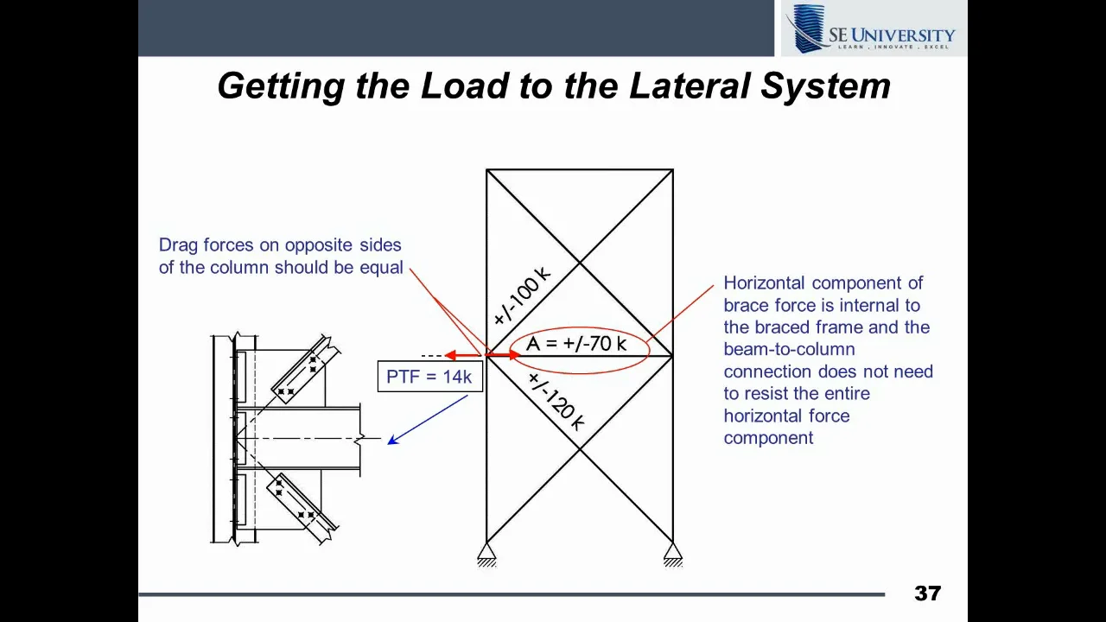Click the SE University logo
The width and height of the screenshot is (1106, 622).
click(x=873, y=29)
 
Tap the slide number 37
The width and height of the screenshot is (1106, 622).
click(x=927, y=593)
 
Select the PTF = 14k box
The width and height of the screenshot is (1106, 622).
click(x=429, y=377)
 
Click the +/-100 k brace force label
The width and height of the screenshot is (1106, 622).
click(x=521, y=295)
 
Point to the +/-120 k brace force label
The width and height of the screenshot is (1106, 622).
click(x=556, y=403)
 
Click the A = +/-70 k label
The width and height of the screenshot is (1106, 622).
click(x=576, y=344)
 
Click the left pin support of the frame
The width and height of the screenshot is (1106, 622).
click(x=486, y=553)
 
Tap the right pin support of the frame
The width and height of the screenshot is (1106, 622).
click(x=673, y=553)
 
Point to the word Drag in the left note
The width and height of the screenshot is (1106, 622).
click(x=179, y=245)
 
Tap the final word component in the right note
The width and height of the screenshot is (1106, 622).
click(x=768, y=438)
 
